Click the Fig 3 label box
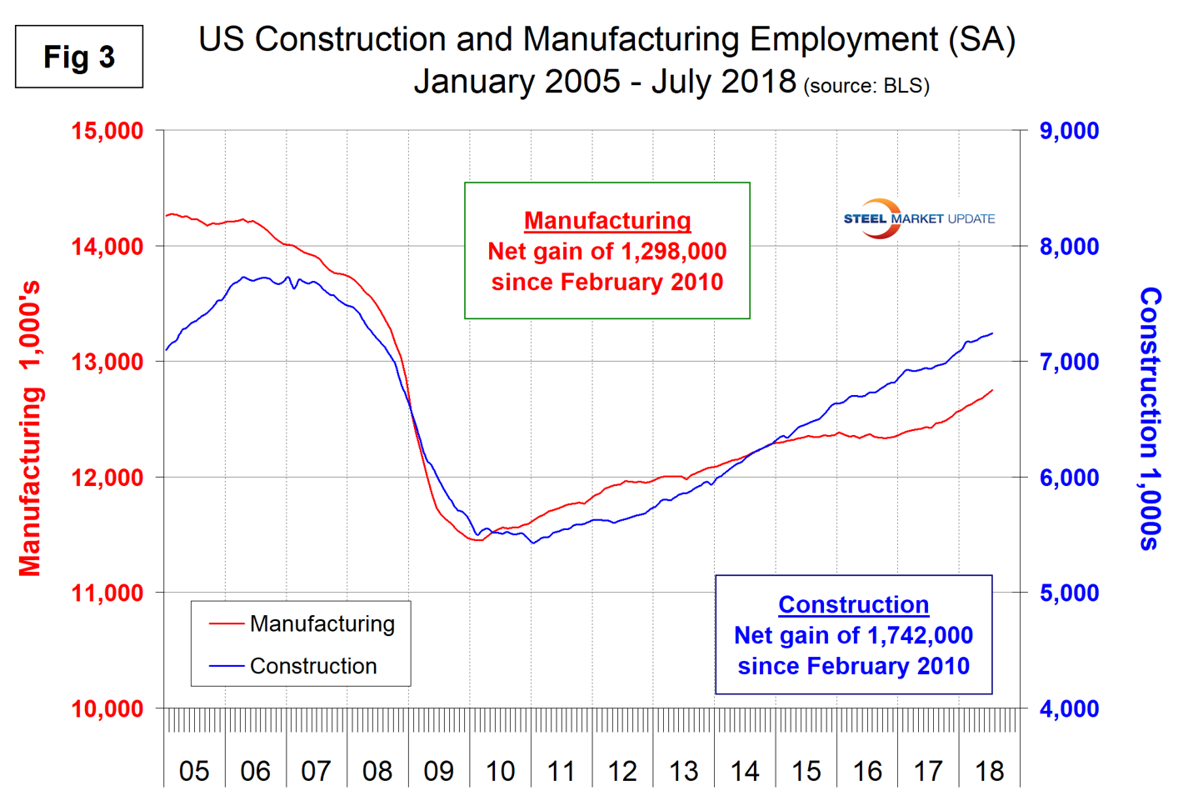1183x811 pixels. point(79,57)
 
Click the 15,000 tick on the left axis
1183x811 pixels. point(107,131)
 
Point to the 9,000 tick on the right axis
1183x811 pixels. point(1069,131)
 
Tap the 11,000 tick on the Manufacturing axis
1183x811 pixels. point(107,593)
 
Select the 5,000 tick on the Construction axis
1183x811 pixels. point(1069,593)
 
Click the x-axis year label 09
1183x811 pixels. point(438,771)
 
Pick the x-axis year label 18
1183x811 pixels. point(989,771)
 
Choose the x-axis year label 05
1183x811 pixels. point(194,771)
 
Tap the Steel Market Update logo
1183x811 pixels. point(918,218)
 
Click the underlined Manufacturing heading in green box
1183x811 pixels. point(607,221)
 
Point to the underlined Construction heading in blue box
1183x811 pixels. point(853,605)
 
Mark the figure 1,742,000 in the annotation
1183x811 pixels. point(920,635)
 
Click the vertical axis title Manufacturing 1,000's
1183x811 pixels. point(30,429)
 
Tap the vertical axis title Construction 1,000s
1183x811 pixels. point(1151,418)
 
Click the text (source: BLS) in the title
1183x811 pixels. point(866,86)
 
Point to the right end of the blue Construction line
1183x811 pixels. point(992,333)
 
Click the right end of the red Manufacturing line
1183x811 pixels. point(992,390)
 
